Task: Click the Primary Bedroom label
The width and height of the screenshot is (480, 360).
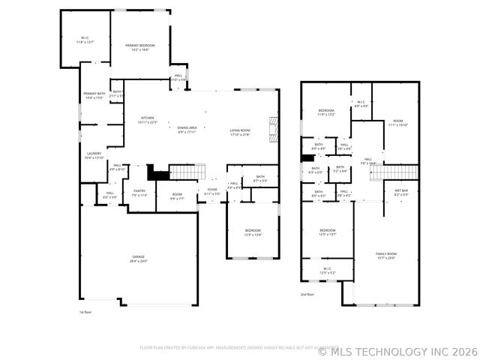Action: [139, 47]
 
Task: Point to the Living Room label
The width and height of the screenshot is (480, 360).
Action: [240, 133]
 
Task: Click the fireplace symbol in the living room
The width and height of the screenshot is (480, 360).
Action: [274, 128]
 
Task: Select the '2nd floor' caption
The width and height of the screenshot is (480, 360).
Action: [307, 295]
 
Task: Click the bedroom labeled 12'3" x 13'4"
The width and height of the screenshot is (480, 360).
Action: [253, 232]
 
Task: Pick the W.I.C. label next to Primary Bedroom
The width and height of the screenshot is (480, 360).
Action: [85, 40]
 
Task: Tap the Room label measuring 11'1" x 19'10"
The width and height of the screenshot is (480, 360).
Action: [397, 123]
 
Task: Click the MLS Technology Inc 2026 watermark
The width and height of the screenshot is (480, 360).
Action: [397, 350]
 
